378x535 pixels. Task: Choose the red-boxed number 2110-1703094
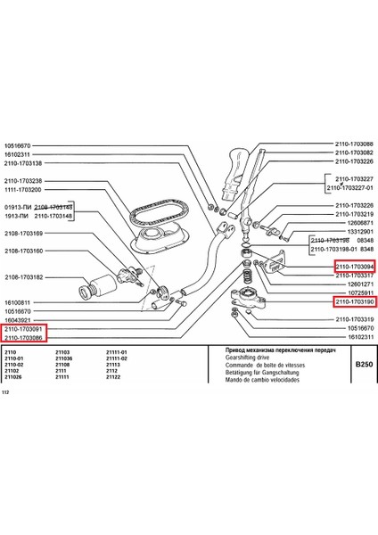(354, 266)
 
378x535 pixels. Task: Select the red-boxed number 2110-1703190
(354, 302)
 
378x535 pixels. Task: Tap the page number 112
(6, 392)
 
